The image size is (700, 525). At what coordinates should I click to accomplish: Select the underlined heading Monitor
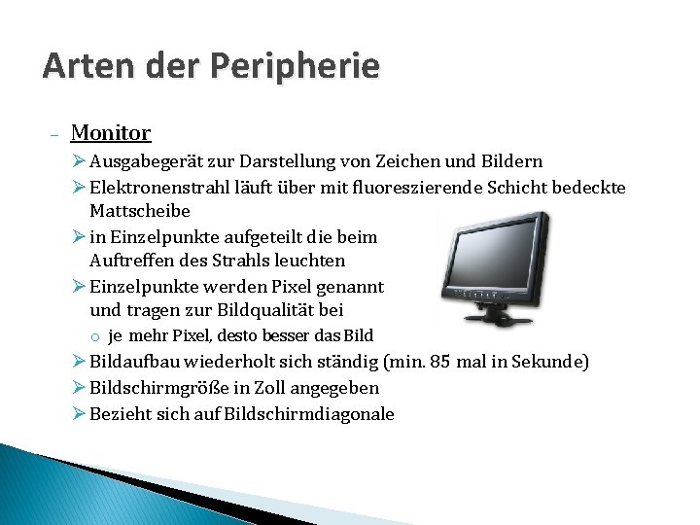pos(111,132)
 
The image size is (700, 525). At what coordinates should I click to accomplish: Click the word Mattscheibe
pos(140,211)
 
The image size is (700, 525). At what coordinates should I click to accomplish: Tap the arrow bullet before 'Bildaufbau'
pos(80,363)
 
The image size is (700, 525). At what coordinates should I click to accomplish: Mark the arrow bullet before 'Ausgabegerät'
pos(80,161)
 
